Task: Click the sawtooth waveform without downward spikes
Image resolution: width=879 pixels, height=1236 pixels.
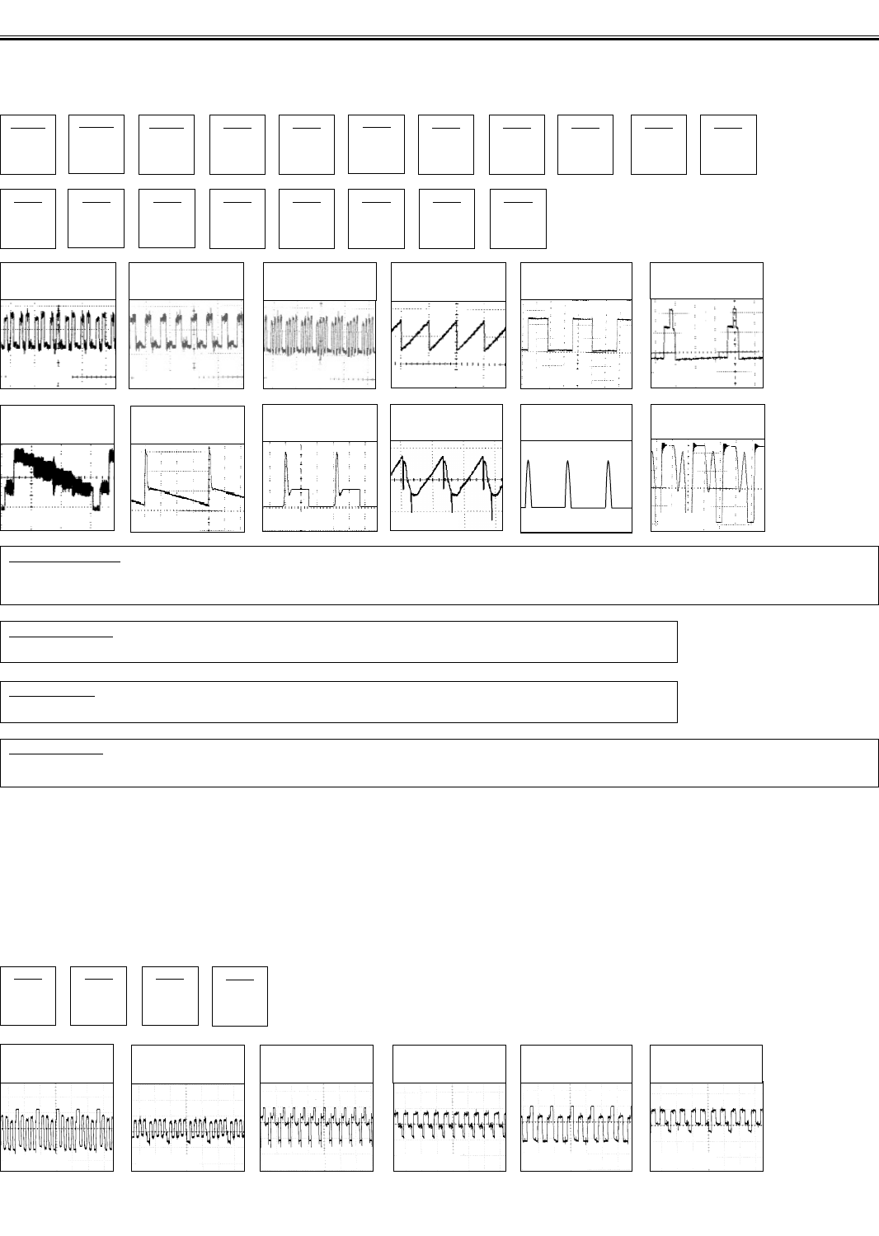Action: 448,344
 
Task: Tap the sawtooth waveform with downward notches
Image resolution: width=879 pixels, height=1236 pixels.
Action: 446,485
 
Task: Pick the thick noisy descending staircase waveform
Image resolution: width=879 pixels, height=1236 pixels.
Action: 58,485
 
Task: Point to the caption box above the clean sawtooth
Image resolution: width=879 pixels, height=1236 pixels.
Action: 448,281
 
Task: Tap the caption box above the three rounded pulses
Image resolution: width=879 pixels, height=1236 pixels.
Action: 576,422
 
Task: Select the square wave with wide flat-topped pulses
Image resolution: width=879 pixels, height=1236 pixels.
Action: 576,344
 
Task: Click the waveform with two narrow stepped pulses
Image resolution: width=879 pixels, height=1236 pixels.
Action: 707,344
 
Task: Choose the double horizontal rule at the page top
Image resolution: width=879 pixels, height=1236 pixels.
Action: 439,37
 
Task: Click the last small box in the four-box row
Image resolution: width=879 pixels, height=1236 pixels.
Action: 240,996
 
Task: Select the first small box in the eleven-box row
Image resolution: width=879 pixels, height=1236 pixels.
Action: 28,144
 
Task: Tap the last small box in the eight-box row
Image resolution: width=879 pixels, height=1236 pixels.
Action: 518,219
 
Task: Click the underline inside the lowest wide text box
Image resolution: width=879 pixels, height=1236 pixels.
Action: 55,752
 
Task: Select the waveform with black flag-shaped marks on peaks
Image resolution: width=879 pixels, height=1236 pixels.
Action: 707,485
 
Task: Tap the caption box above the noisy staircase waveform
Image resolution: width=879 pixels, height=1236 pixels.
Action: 58,422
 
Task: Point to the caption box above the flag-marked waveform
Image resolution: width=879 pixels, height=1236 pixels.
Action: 707,422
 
